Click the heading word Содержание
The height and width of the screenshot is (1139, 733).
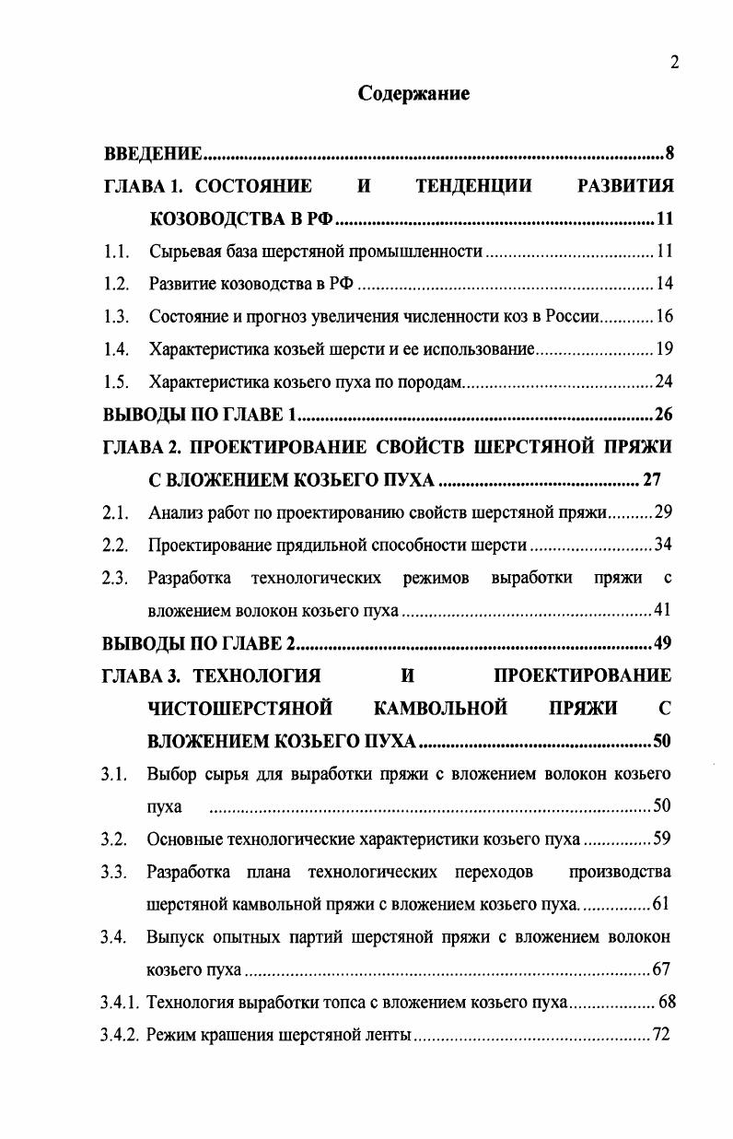pyautogui.click(x=413, y=94)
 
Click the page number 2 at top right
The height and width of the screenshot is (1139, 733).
pyautogui.click(x=674, y=62)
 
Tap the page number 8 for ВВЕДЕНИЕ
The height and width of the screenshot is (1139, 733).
pyautogui.click(x=669, y=152)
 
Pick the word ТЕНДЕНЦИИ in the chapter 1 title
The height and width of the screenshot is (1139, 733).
pyautogui.click(x=473, y=186)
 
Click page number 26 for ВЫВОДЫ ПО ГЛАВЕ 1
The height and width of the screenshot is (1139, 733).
pyautogui.click(x=663, y=412)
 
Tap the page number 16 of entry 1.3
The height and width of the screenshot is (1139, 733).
pyautogui.click(x=664, y=316)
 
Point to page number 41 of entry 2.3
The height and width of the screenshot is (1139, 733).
pyautogui.click(x=662, y=610)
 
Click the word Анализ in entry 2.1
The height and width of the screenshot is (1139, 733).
pyautogui.click(x=174, y=512)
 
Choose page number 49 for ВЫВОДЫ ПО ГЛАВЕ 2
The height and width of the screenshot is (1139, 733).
pyautogui.click(x=662, y=642)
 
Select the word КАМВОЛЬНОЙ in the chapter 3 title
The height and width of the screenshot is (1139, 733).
pyautogui.click(x=441, y=708)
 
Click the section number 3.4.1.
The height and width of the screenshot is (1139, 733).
pyautogui.click(x=121, y=1003)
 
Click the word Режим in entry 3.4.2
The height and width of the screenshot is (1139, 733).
pyautogui.click(x=171, y=1035)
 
